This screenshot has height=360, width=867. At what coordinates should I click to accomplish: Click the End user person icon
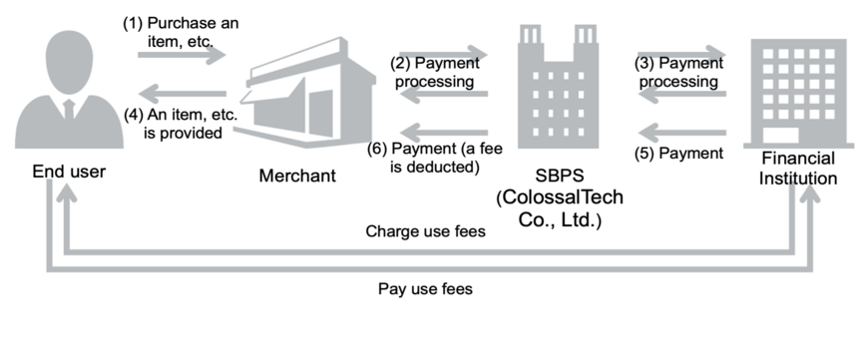click(x=68, y=93)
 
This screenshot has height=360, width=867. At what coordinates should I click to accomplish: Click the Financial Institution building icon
click(x=794, y=93)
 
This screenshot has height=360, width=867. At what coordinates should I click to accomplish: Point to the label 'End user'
click(x=68, y=173)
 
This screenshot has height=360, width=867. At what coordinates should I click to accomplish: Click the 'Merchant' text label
click(x=297, y=177)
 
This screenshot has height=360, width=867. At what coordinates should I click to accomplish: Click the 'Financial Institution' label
click(x=798, y=169)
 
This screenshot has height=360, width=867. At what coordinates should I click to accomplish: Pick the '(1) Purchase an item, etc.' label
click(x=181, y=31)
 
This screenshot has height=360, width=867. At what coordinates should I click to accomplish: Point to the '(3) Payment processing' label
click(x=678, y=72)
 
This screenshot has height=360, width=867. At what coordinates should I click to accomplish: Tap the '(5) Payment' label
click(x=678, y=153)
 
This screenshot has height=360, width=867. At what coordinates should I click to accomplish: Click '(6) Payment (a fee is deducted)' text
click(x=435, y=158)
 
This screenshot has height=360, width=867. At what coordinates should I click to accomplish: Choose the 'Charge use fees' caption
click(x=425, y=231)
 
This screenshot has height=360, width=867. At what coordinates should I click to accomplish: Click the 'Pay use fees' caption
click(x=425, y=289)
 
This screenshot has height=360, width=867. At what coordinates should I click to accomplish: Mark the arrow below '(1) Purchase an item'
click(x=183, y=56)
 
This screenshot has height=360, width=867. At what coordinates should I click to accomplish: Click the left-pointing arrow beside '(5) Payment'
click(x=682, y=130)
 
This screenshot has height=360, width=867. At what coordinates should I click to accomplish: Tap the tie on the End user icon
click(x=68, y=109)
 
